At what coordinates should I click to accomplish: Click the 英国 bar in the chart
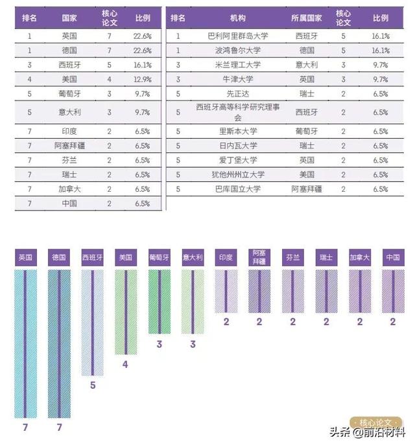click(25, 343)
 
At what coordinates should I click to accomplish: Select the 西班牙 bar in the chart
click(92, 323)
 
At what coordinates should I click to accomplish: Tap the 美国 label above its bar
click(126, 258)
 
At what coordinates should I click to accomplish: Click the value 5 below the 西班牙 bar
click(92, 385)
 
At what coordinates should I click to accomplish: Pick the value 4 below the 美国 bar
click(125, 364)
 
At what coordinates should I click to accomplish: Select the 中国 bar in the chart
click(393, 292)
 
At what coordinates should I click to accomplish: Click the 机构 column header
click(238, 18)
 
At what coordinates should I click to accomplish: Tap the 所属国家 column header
click(307, 18)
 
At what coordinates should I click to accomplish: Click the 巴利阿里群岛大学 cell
click(237, 36)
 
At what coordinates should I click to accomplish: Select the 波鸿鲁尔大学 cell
click(237, 51)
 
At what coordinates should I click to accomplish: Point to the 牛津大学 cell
click(237, 79)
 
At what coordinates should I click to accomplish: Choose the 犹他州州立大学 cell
click(237, 174)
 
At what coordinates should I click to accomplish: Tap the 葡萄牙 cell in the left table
click(69, 93)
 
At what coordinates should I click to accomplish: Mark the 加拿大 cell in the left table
click(69, 189)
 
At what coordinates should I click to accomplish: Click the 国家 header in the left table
click(69, 18)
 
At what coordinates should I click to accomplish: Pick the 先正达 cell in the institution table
click(237, 93)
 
